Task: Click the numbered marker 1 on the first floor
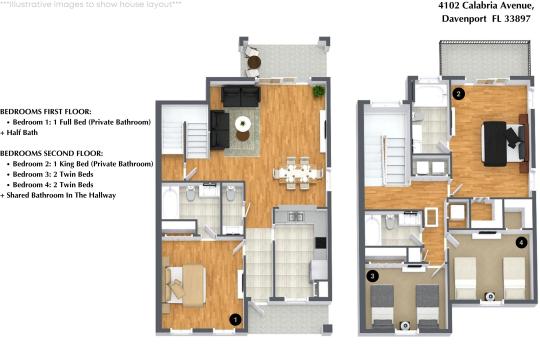[235, 319]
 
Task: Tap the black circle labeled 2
[458, 94]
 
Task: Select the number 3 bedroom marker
[372, 275]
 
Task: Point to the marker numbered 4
[520, 242]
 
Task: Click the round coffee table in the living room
[243, 124]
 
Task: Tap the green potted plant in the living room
[317, 91]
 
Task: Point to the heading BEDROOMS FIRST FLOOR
[45, 110]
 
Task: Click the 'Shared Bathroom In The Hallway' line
[60, 195]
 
